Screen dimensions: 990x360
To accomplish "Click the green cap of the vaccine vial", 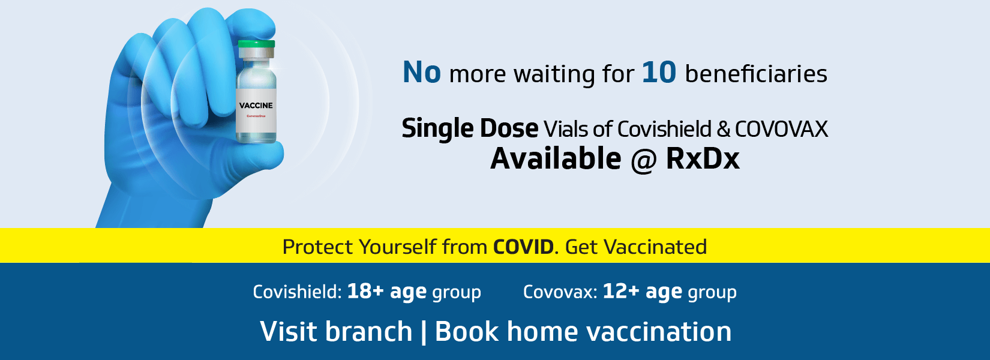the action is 256,44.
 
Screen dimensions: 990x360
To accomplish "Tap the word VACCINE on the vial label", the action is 256,106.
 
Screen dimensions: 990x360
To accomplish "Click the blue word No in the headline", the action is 422,73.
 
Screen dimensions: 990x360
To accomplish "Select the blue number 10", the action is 659,73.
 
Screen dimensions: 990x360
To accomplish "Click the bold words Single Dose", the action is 470,129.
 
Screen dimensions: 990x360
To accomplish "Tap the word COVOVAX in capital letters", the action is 781,130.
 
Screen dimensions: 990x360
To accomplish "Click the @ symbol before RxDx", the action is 643,160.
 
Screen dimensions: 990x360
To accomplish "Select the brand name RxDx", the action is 703,158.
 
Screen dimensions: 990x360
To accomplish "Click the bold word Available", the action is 556,158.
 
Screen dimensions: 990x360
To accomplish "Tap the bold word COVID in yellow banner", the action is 523,247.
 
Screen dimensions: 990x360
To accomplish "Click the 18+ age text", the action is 387,292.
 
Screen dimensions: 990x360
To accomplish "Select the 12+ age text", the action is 642,292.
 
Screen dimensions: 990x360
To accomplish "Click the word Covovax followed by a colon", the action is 560,292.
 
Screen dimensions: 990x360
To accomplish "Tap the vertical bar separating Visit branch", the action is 424,332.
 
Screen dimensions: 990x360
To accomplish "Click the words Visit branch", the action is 336,331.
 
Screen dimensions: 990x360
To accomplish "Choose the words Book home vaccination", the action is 583,331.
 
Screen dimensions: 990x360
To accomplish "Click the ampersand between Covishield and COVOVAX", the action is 723,130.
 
